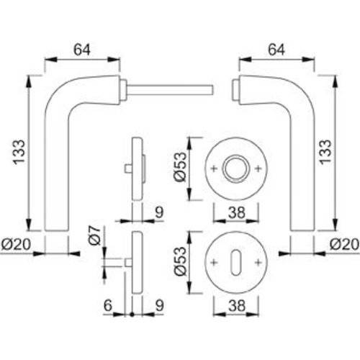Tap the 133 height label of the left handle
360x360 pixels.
[20, 153]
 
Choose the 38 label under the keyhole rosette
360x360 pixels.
[235, 305]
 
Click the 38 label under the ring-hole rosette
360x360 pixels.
[235, 212]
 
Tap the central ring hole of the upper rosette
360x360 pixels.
[235, 168]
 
